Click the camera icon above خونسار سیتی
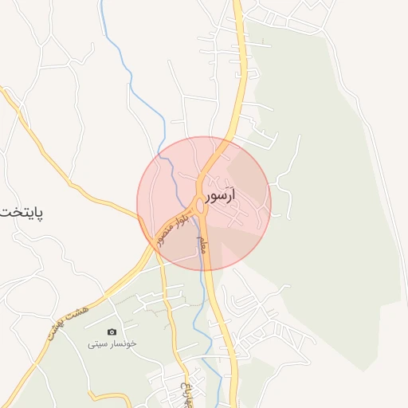click(112, 331)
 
